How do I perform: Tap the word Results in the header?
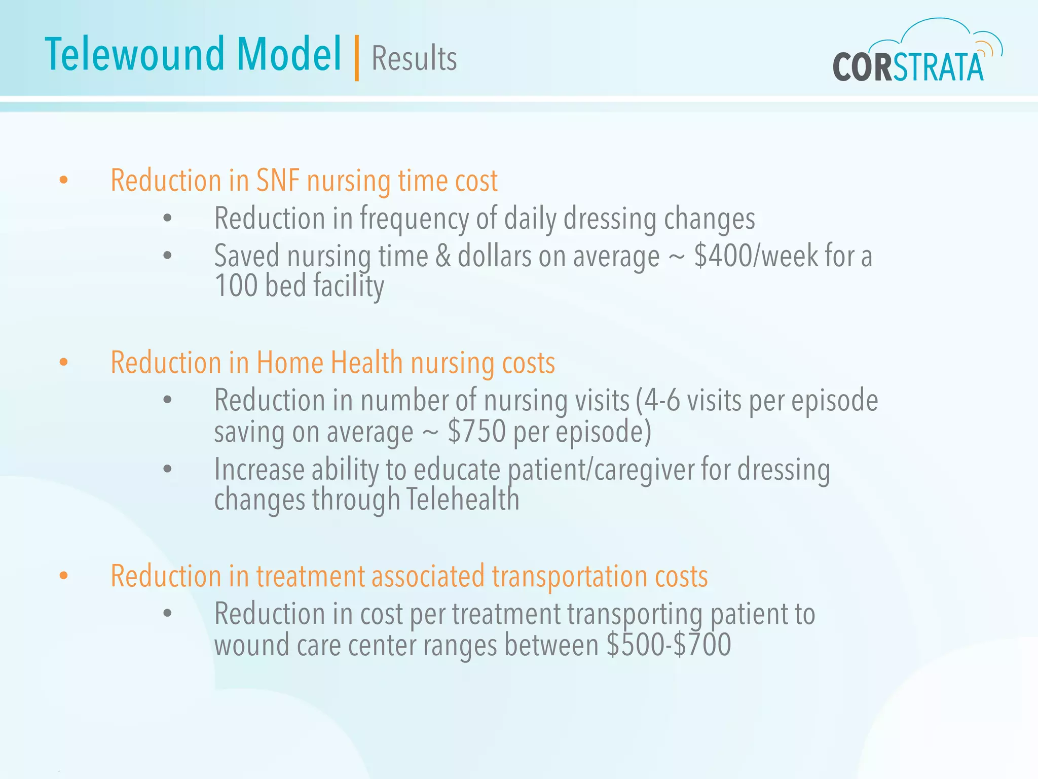tap(414, 58)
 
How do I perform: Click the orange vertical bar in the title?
tap(357, 58)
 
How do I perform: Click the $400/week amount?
tap(756, 256)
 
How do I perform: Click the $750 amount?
tap(476, 432)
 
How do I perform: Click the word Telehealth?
tap(462, 499)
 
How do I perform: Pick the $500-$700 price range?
tap(669, 645)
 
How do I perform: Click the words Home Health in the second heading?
tap(329, 363)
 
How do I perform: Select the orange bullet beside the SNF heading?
tap(63, 180)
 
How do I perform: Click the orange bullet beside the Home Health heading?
tap(63, 362)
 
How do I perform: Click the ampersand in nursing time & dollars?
tap(442, 256)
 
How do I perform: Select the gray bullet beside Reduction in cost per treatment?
tap(168, 613)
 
